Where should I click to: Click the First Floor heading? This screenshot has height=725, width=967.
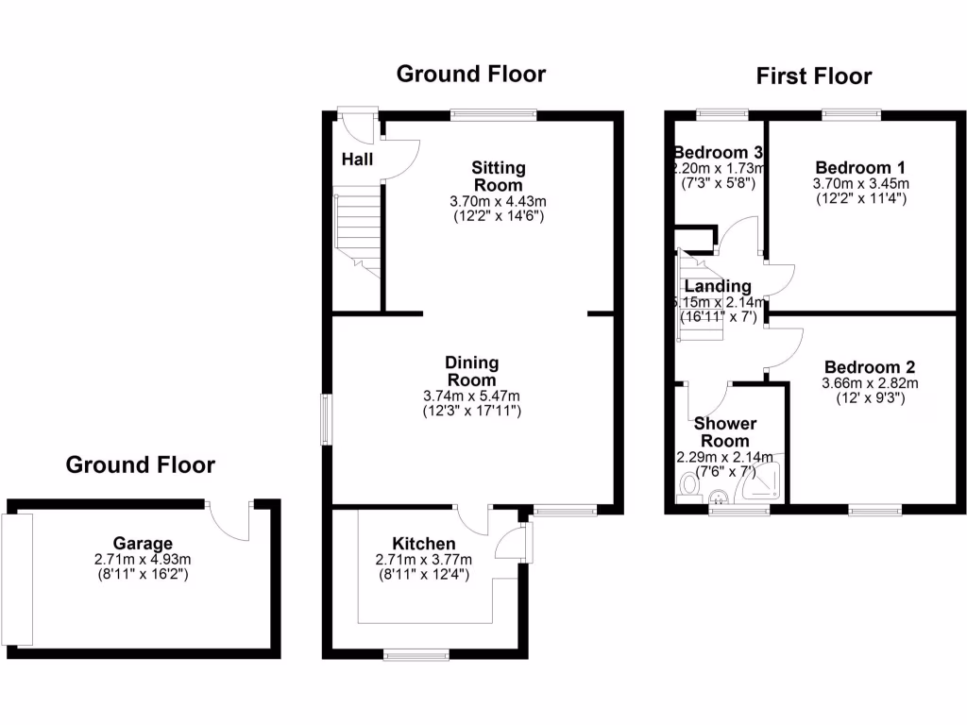pos(813,76)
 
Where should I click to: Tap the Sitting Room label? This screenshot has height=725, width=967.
pos(499,177)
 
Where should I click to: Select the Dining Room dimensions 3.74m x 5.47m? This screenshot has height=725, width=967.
pos(471,396)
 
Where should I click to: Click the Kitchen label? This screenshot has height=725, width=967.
pos(424,544)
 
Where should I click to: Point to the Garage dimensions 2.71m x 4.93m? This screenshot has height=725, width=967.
pos(144,559)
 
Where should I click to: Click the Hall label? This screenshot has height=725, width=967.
pos(357,160)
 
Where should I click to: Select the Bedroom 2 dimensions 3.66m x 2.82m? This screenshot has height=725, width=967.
pos(870,383)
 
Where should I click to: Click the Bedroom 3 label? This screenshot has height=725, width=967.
pos(718,153)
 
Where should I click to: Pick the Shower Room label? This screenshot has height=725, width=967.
pos(725,432)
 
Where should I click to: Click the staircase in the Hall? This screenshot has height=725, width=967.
pos(357,231)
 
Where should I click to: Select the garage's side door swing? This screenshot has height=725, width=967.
pos(229,516)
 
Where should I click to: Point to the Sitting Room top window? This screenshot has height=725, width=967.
pos(493,115)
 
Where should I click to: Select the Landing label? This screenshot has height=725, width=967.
pos(718,286)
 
